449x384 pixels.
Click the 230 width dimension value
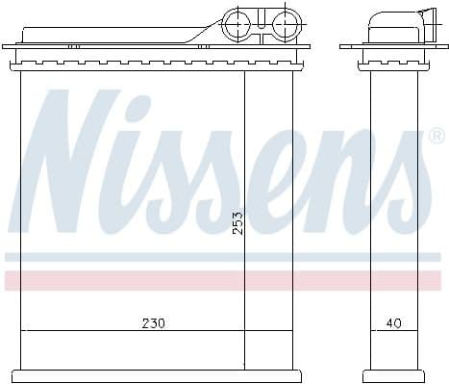click(153, 323)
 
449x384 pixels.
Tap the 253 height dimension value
click(237, 223)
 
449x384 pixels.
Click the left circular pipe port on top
click(237, 23)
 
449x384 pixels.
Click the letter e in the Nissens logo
click(294, 179)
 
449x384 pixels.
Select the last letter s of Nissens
click(405, 179)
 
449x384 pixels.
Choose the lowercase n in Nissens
click(351, 179)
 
